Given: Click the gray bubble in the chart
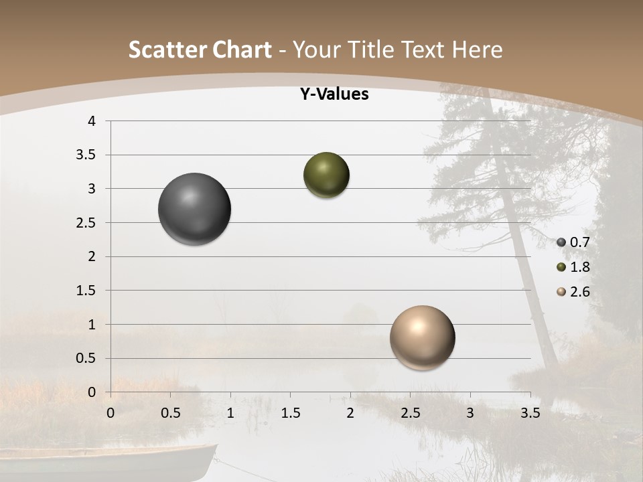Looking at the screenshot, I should [194, 209].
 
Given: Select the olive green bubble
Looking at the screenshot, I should [326, 175].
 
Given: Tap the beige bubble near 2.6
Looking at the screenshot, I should [422, 337].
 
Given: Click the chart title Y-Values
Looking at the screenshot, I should [334, 94].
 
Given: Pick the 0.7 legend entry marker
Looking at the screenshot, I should [561, 242].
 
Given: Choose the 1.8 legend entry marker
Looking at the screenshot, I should [561, 267].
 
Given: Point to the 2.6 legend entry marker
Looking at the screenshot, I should [561, 292].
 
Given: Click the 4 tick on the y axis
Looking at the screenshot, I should [92, 121].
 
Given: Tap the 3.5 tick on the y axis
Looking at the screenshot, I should [88, 155].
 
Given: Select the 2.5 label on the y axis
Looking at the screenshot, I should [88, 223].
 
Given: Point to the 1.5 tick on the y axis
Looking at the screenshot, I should [88, 291].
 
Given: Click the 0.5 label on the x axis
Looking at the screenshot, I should [171, 413].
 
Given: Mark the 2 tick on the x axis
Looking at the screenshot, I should [350, 413].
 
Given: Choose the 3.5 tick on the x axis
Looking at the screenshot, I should [530, 413].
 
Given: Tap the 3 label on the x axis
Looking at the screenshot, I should [470, 413].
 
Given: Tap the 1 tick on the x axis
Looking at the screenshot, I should [230, 413].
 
